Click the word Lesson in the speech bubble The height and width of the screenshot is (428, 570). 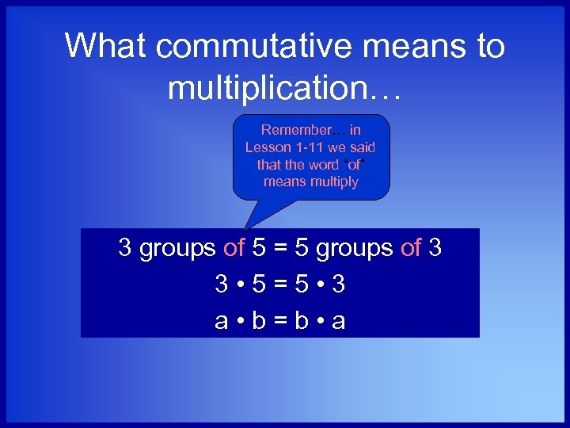[x=268, y=147]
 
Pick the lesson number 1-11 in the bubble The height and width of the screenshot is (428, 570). [x=312, y=147]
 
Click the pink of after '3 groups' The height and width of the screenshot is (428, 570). [x=234, y=248]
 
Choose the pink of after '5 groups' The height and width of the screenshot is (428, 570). [x=411, y=248]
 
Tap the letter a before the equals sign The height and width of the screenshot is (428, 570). [x=222, y=323]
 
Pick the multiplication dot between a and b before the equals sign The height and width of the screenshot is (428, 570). [x=241, y=323]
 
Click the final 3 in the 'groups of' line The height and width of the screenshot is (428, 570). [x=435, y=248]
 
